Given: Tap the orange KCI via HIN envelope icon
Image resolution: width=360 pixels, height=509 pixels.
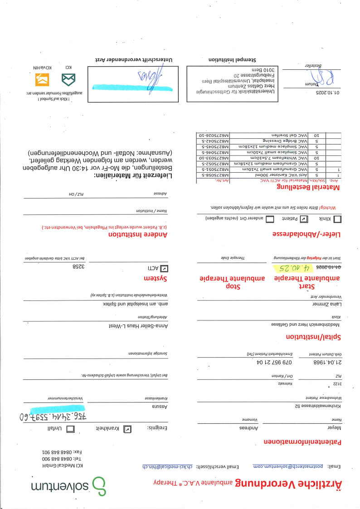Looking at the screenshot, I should [42, 80].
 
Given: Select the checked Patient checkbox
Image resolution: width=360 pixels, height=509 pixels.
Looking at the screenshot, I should [304, 218].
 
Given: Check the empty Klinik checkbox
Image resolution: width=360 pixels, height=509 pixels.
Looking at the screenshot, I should [338, 218].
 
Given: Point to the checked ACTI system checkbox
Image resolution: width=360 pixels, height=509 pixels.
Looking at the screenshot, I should [164, 268].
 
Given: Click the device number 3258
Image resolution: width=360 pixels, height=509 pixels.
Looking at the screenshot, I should [79, 267].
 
